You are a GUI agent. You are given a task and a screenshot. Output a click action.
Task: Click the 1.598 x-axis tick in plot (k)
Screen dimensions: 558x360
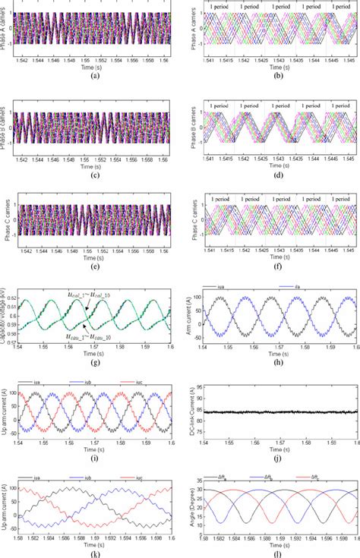click(x=154, y=538)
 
